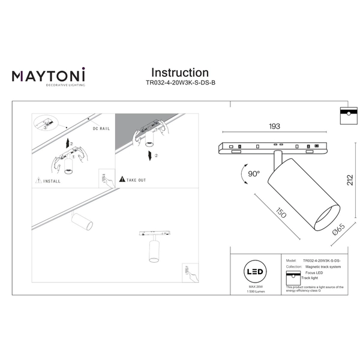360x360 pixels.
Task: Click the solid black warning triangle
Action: click(122, 179)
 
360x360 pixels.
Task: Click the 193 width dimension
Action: click(274, 127)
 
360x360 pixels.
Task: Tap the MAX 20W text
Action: click(256, 289)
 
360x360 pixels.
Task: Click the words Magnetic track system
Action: click(323, 267)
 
